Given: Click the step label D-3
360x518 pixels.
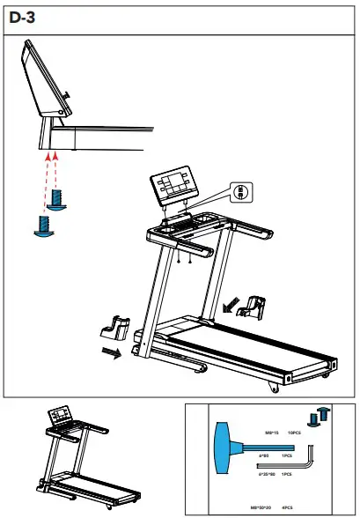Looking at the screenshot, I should pyautogui.click(x=23, y=16).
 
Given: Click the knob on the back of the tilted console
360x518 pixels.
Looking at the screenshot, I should pyautogui.click(x=68, y=96).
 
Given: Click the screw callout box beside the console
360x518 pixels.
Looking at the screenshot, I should pyautogui.click(x=241, y=190).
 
